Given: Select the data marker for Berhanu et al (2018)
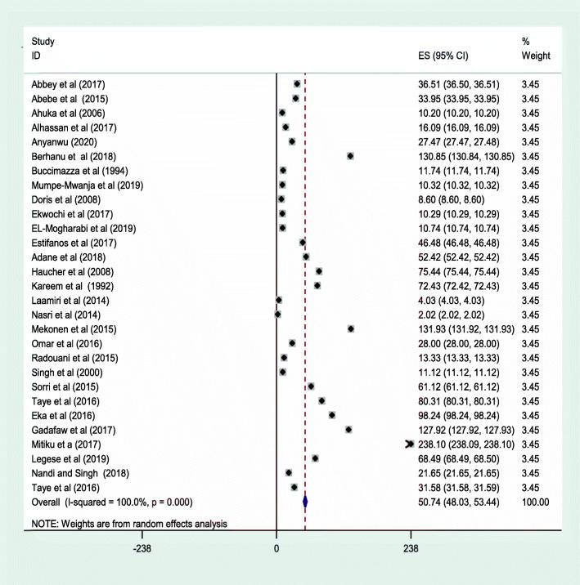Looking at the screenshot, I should tap(349, 155).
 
